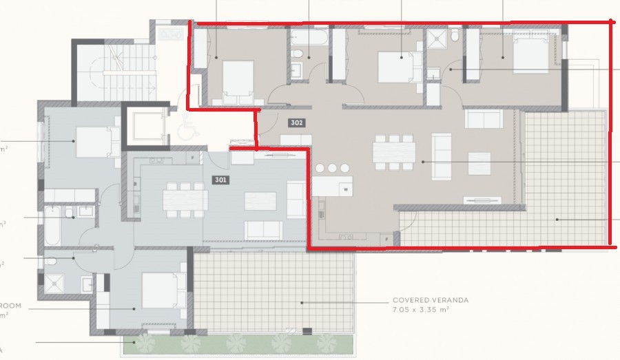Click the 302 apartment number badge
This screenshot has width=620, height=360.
coord(296,123)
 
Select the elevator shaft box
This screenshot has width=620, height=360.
coord(144,125)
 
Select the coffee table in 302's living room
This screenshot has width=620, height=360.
coord(479,163)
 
